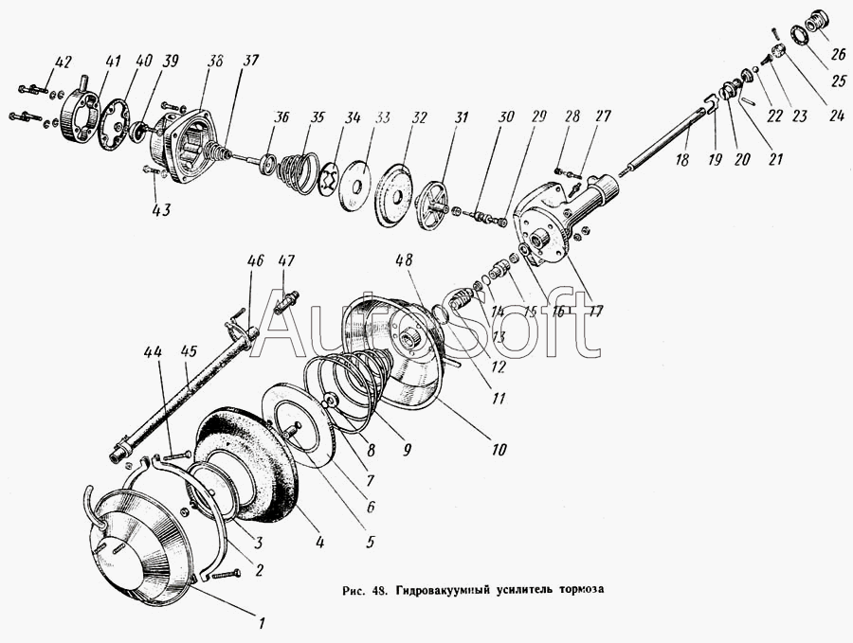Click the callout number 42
(62, 63)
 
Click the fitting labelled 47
(286, 302)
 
